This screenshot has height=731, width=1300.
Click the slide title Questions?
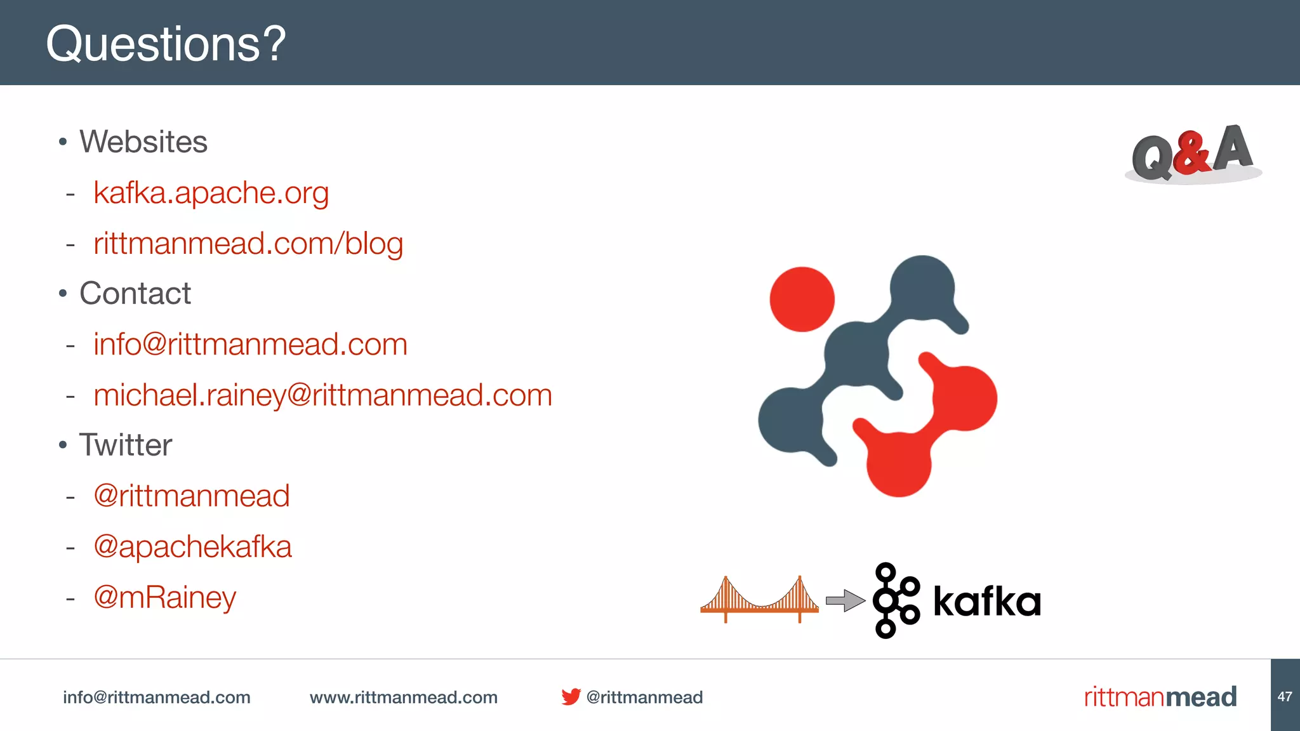[166, 44]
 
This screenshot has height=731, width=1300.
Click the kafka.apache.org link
[211, 192]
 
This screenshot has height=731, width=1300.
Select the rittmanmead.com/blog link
[248, 244]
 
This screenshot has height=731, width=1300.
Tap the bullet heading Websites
[143, 142]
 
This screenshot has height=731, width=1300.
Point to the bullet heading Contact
[135, 293]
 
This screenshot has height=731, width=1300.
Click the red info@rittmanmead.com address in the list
[250, 344]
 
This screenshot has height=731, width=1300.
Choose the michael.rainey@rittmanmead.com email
[322, 395]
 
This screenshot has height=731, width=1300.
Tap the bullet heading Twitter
[125, 445]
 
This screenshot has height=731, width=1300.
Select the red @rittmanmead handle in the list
[191, 496]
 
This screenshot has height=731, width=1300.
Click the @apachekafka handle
[192, 546]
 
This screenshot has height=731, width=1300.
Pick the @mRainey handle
[164, 597]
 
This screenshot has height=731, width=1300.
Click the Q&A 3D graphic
[1192, 154]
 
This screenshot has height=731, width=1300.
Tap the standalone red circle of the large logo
[802, 299]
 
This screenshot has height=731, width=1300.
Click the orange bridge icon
[759, 600]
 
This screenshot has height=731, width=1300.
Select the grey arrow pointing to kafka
[845, 600]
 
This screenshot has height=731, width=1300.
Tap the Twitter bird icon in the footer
[571, 697]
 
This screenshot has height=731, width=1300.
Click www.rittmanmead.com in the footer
[403, 697]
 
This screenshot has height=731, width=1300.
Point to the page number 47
[1285, 697]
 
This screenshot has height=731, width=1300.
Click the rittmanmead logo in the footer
[1160, 697]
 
